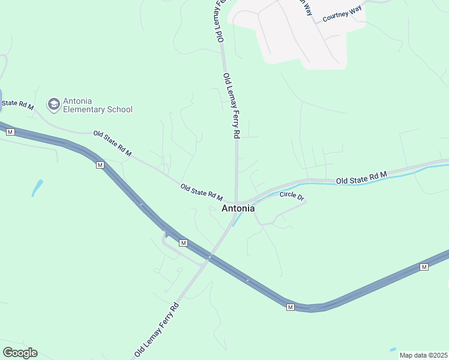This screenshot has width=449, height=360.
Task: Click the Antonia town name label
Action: click(238, 209)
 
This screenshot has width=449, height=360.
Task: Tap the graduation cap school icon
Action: click(53, 104)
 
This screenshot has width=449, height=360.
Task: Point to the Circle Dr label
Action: click(292, 196)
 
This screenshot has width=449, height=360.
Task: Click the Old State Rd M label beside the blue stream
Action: click(361, 178)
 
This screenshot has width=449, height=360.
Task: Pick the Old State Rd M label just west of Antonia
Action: click(202, 193)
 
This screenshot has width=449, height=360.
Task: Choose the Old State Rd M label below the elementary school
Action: click(112, 143)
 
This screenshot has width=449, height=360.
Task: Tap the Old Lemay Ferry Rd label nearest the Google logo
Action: click(157, 329)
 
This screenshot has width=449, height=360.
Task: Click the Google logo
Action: click(20, 353)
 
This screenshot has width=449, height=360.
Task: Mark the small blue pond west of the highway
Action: click(37, 188)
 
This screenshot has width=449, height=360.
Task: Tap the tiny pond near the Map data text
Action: click(393, 349)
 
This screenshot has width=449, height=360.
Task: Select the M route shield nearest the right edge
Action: click(424, 266)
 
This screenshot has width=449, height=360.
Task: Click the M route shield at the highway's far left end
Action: click(10, 132)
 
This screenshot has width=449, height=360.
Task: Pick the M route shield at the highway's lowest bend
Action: click(290, 307)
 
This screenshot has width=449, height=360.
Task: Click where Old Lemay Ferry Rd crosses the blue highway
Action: click(209, 257)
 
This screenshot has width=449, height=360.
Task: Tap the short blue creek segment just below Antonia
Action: click(237, 220)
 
